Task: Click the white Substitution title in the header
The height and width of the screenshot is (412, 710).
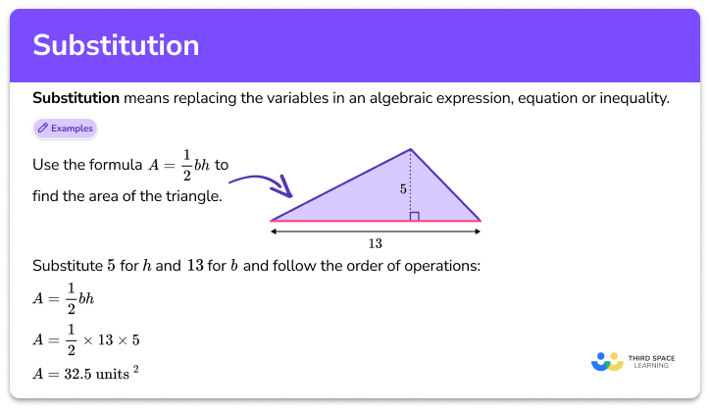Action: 116,45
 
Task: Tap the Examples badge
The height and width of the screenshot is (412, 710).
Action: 65,128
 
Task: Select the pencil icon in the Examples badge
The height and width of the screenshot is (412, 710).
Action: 43,128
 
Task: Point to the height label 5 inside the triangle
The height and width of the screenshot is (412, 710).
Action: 403,188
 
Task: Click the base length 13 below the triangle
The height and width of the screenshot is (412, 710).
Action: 376,243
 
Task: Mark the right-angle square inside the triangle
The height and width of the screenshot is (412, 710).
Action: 415,216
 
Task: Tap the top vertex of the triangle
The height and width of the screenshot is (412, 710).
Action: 410,149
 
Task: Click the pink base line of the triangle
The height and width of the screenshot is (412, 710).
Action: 376,221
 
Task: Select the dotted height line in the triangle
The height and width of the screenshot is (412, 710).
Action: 410,181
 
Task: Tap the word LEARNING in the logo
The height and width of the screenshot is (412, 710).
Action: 655,368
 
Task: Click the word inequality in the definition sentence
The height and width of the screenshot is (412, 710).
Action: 635,98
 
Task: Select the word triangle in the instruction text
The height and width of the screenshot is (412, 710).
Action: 193,196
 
